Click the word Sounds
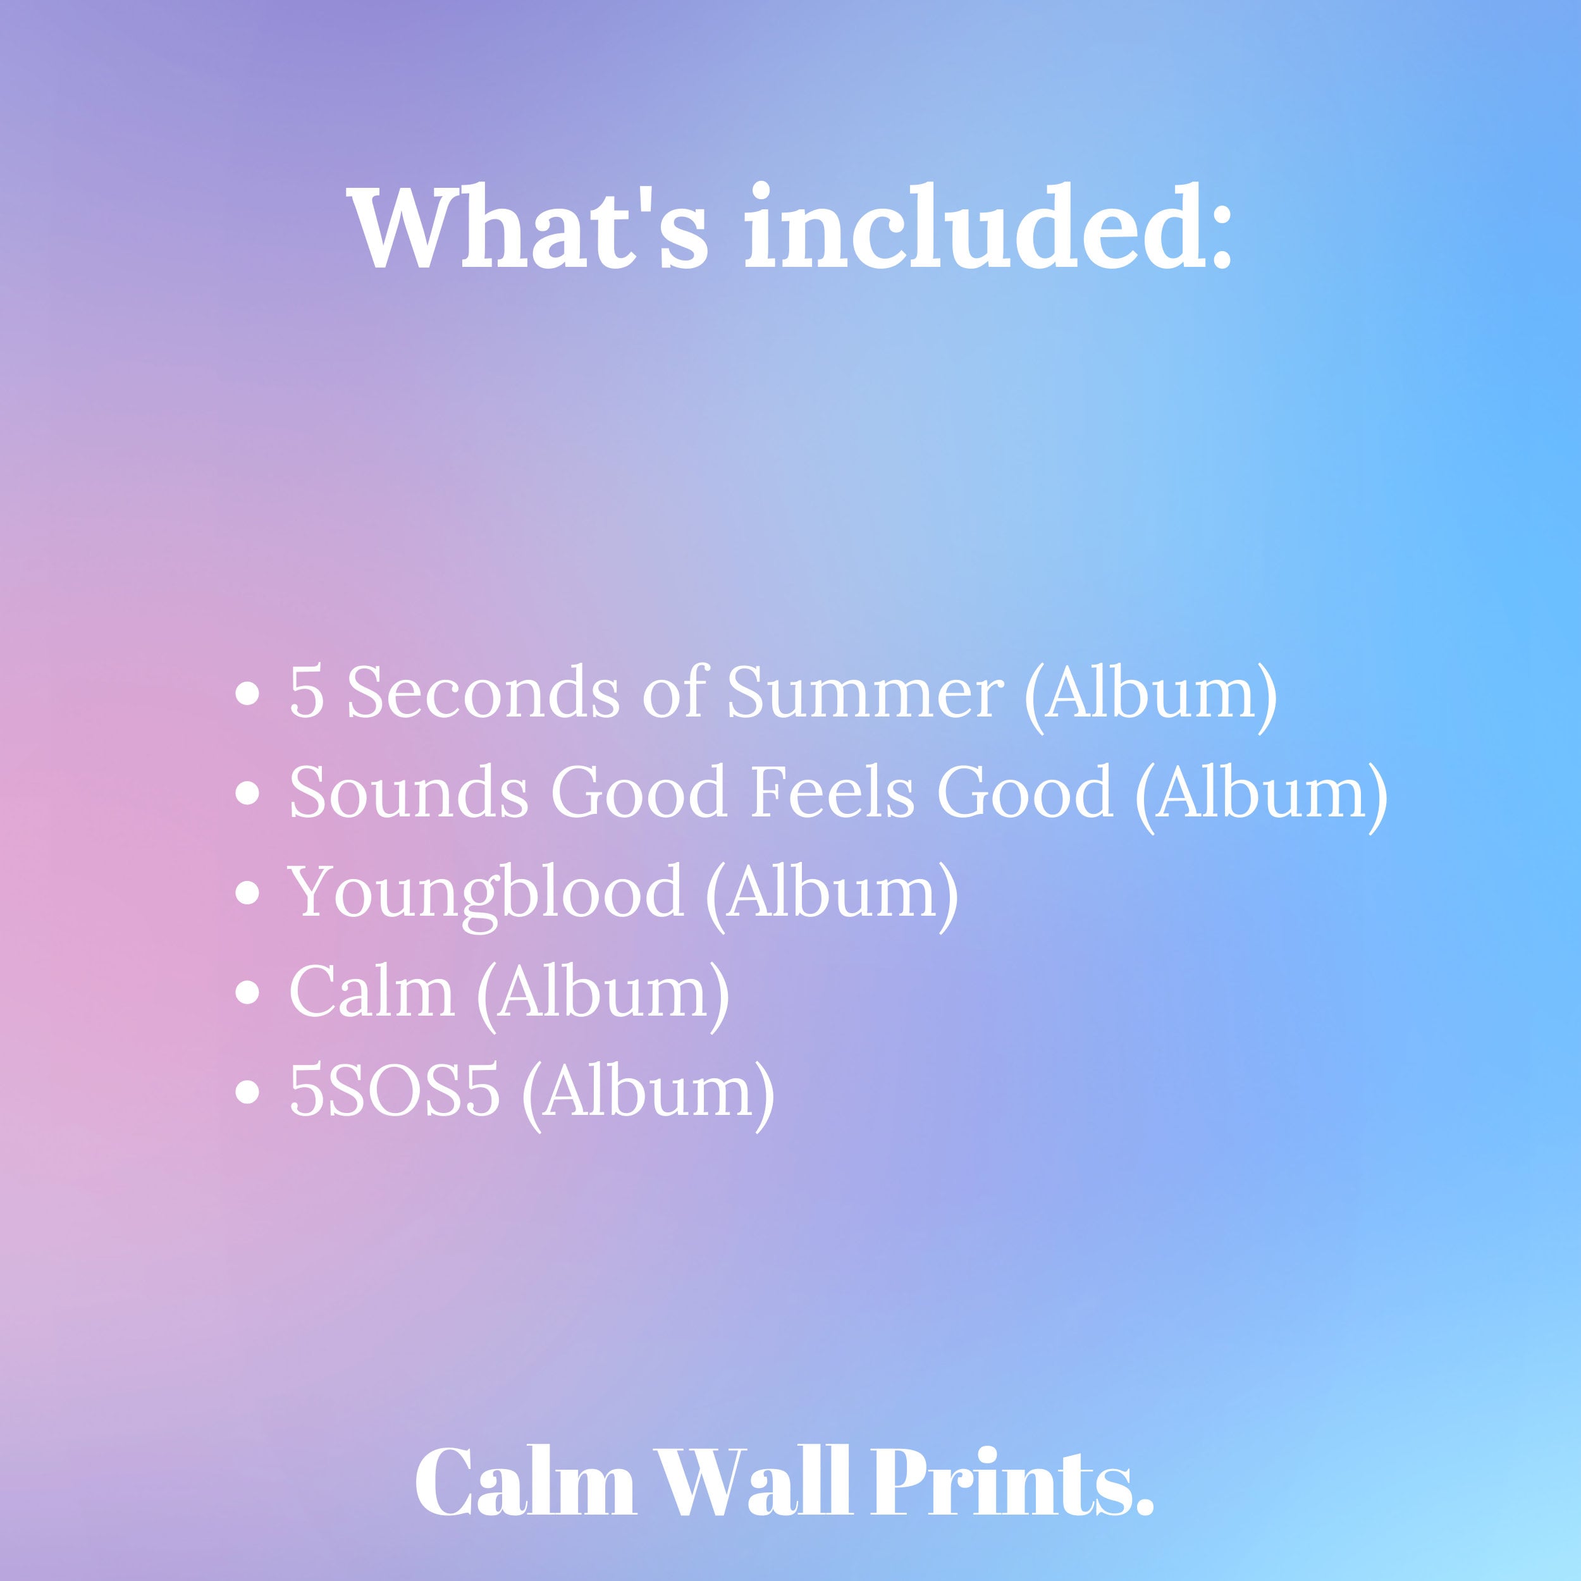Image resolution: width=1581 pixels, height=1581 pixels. click(409, 793)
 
